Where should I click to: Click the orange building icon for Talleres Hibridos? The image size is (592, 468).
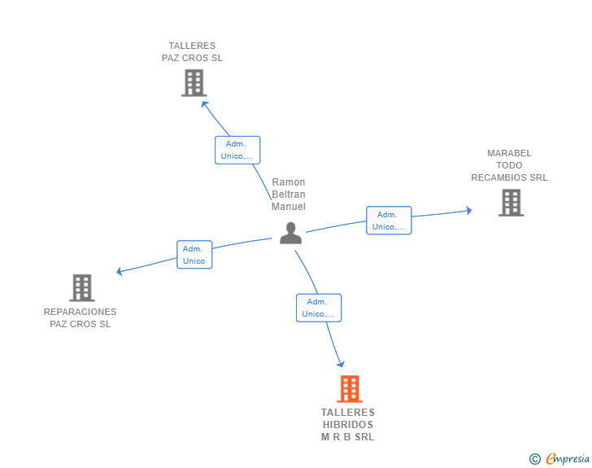point(349,389)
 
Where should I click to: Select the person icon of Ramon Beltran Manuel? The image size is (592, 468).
point(290,233)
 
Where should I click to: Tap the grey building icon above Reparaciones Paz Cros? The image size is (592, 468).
point(81,287)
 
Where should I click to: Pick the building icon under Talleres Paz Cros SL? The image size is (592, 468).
point(194,83)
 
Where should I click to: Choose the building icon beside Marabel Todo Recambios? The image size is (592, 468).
point(511,203)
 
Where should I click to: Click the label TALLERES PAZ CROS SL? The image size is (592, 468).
point(192,52)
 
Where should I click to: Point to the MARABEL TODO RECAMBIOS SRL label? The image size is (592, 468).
point(509,165)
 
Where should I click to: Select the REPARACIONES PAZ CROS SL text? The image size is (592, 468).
point(80,318)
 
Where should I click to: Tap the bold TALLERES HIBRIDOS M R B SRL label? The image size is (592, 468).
point(348,425)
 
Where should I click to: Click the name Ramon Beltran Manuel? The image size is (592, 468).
point(289,195)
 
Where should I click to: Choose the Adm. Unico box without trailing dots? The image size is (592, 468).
point(194,255)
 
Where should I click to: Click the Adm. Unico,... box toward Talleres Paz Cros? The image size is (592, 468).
point(237,150)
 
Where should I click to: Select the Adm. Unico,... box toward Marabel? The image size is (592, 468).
point(389,221)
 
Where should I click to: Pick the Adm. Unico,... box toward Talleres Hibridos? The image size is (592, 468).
point(319,308)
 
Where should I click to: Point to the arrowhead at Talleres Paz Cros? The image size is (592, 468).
point(204,103)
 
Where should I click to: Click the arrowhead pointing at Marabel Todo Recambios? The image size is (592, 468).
point(468,210)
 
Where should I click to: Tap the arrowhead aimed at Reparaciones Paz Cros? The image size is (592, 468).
point(120,271)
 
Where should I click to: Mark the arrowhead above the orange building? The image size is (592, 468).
point(341,364)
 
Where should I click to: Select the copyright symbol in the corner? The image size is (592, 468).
point(535,459)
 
